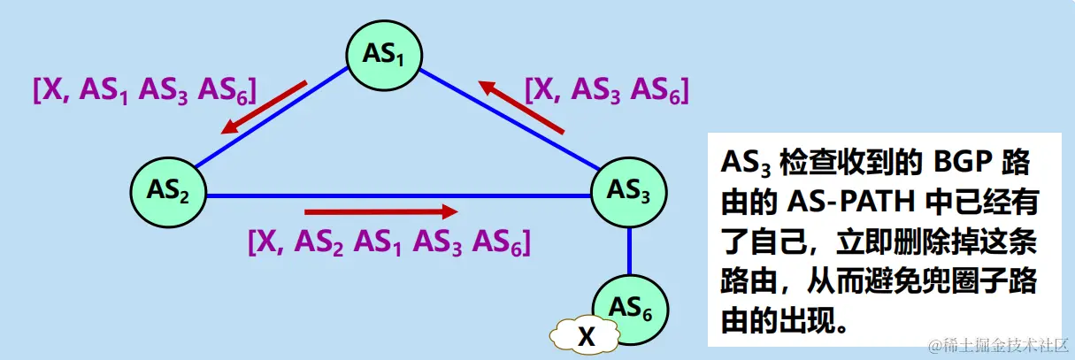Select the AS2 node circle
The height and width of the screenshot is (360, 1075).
(x=168, y=189)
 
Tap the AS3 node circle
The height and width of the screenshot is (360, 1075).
(x=629, y=189)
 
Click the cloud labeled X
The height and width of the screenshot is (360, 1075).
(x=585, y=336)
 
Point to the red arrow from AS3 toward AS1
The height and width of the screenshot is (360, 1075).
(x=521, y=107)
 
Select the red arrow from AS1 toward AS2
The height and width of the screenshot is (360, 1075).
(x=264, y=108)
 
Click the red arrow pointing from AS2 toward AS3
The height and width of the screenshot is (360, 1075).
(x=380, y=212)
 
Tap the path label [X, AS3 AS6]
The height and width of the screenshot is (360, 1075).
(x=606, y=89)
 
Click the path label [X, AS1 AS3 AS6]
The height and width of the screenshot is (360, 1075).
(x=144, y=90)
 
